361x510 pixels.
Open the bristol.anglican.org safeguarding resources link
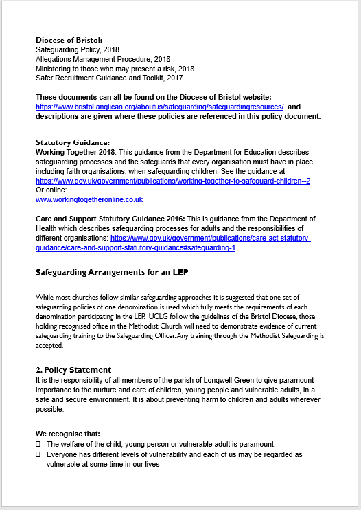pos(159,107)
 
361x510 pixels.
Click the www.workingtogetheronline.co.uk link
pos(89,199)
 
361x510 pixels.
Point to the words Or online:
pos(52,190)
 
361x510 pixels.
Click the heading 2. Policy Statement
pos(73,370)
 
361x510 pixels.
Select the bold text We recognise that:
pos(67,434)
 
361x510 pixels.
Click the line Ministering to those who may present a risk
pos(115,69)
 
